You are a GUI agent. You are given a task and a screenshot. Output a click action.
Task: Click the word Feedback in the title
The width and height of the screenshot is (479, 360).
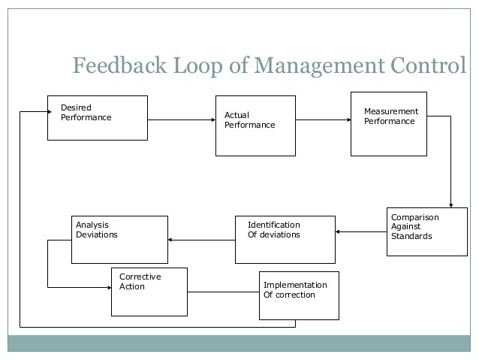pos(119,65)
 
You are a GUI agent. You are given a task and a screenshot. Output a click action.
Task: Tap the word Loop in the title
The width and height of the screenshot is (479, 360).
pos(198,66)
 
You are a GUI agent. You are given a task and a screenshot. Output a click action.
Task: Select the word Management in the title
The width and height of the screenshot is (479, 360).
pos(319,66)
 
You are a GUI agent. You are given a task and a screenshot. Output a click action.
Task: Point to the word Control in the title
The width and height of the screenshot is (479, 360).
pos(428,65)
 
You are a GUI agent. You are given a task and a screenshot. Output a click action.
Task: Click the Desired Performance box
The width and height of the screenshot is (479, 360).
pos(98,118)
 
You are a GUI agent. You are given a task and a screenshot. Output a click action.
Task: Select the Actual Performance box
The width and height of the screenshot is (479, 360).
pos(255,126)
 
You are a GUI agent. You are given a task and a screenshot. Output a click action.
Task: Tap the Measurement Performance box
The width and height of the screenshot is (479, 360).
pos(389,124)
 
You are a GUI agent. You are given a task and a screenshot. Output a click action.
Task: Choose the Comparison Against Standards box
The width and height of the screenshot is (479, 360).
pos(426,231)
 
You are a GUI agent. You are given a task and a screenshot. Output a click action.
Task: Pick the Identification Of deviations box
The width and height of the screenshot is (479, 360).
pos(285,240)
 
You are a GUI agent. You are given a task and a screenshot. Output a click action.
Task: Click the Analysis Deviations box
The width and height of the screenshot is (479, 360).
pos(119,240)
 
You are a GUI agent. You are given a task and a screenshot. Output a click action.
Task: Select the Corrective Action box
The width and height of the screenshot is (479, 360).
pos(149,292)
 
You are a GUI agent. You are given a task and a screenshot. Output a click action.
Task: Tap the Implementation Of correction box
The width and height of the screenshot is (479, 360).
pos(299,295)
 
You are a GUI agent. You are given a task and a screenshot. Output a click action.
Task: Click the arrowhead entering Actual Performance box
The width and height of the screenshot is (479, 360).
pos(213,120)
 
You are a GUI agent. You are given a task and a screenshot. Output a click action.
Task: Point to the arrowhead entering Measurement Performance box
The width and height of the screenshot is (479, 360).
pos(349,120)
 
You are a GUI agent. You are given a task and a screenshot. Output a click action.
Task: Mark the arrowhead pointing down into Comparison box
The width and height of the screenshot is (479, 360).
pos(451,205)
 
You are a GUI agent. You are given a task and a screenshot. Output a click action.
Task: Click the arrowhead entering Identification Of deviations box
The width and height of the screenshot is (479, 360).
pos(338,231)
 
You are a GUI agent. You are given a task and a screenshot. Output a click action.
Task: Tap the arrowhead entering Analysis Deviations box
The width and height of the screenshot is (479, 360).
pos(170,240)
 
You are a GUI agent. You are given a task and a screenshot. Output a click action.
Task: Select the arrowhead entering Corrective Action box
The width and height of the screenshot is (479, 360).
pos(110,288)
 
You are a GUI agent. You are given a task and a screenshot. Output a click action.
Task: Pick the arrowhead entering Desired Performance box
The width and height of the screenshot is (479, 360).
pos(50,112)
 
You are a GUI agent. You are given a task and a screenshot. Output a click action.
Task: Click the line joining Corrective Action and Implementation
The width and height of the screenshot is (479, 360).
pos(223,292)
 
